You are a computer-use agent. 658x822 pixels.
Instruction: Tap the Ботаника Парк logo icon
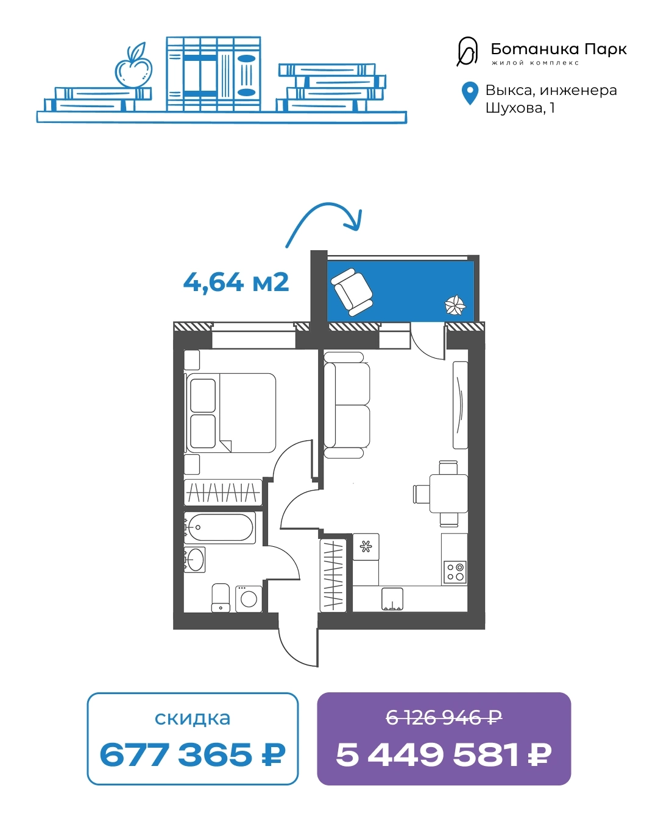pyautogui.click(x=467, y=52)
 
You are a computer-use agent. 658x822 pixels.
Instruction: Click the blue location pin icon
pyautogui.click(x=470, y=93)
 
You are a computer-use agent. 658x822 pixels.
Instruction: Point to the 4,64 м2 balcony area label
pyautogui.click(x=236, y=283)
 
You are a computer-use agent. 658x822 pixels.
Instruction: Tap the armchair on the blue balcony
pyautogui.click(x=352, y=292)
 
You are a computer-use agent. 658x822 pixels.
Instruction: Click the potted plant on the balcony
pyautogui.click(x=455, y=305)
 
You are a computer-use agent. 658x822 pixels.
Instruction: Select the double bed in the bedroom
pyautogui.click(x=230, y=413)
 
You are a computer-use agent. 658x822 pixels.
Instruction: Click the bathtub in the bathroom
pyautogui.click(x=219, y=527)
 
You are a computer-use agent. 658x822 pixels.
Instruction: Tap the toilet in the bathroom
pyautogui.click(x=221, y=598)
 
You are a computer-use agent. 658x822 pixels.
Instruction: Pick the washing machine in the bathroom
pyautogui.click(x=249, y=599)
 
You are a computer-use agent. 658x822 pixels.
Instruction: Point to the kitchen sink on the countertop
pyautogui.click(x=392, y=599)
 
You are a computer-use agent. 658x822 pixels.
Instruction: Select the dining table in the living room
pyautogui.click(x=448, y=494)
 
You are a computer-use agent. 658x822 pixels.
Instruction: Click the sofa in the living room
pyautogui.click(x=347, y=405)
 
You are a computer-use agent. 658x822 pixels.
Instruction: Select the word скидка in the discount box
pyautogui.click(x=193, y=718)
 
